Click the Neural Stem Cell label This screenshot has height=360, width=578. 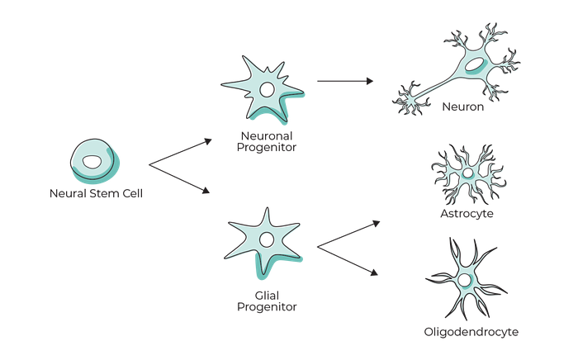point(96,196)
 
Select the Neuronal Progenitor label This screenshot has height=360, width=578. point(265,142)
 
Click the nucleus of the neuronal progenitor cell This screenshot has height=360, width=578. point(268,88)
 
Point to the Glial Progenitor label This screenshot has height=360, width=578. point(267,300)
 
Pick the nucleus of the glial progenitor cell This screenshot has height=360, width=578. point(267,240)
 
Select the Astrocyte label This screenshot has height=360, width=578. point(467,213)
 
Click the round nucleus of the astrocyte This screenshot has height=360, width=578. point(467,174)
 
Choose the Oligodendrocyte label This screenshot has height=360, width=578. point(471,332)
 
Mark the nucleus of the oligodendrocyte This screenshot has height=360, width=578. point(465,282)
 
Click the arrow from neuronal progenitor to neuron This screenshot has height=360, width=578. point(345,81)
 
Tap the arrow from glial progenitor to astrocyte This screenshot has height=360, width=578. point(348,234)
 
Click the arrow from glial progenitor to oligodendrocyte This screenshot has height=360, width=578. point(348,259)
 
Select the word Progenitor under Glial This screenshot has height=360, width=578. point(267,308)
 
